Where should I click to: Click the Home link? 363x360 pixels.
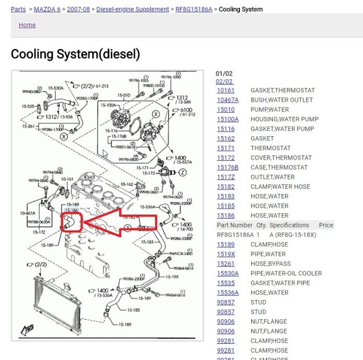27,25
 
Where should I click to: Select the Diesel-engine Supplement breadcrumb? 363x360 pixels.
132,9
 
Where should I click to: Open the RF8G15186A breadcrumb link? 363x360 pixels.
194,9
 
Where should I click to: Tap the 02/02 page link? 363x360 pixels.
224,82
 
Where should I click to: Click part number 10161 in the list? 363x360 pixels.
226,90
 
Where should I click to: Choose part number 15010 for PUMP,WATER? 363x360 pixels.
226,110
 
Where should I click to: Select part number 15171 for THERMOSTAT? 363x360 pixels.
226,148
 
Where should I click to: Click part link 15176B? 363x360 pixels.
227,167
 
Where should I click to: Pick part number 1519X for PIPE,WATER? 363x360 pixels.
226,254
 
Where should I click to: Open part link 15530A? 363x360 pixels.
228,273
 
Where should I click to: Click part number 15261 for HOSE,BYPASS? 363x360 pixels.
226,263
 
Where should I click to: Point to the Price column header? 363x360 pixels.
326,225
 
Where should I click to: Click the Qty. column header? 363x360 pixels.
261,225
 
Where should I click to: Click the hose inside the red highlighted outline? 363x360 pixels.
70,221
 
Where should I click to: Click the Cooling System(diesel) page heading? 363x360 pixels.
75,54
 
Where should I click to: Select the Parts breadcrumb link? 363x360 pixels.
18,9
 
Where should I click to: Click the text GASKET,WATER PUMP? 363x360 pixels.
282,129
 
